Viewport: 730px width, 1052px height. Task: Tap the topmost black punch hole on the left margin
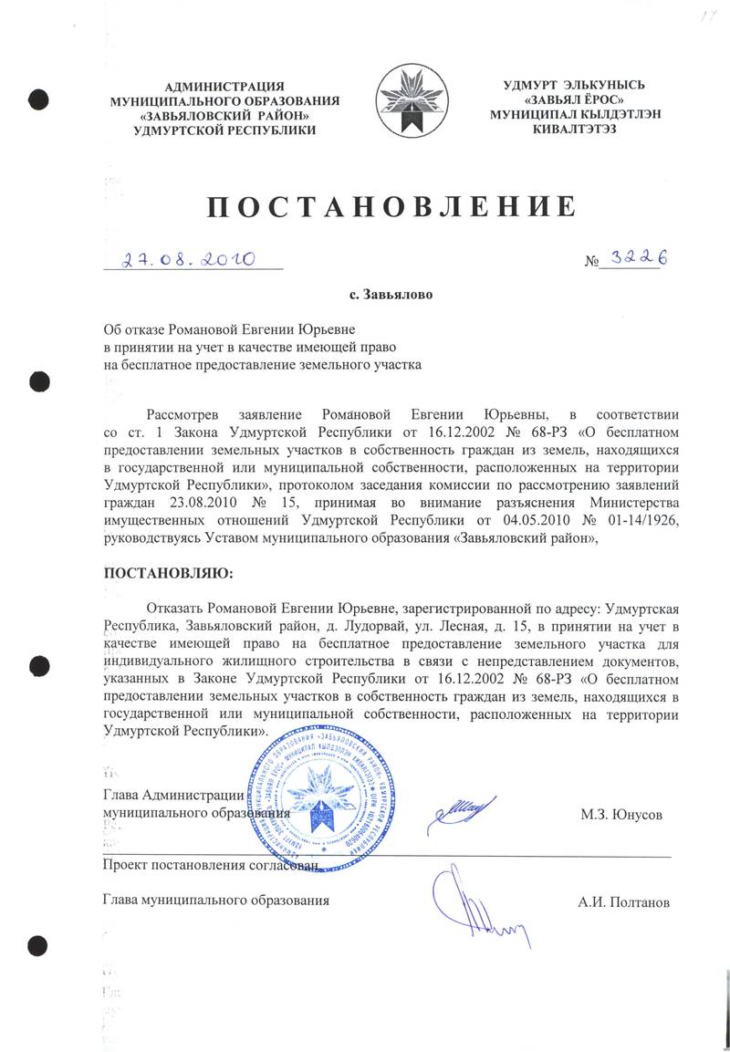coord(37,95)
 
